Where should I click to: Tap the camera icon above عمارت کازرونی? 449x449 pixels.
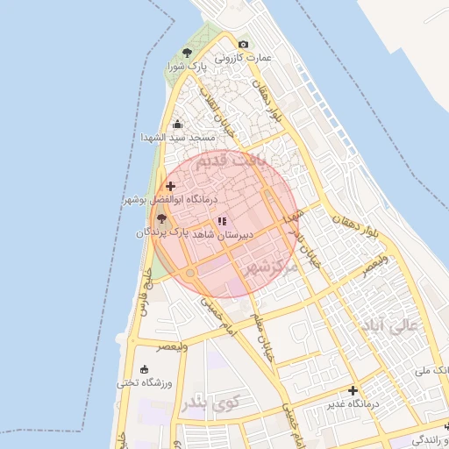click(243, 44)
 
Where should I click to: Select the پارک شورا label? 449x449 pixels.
click(189, 67)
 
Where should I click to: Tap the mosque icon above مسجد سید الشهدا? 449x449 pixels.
click(178, 125)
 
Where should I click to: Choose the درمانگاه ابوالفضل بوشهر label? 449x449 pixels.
click(162, 200)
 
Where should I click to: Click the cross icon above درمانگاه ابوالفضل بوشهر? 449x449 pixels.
click(170, 186)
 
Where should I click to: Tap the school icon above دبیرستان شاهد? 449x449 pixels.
click(222, 221)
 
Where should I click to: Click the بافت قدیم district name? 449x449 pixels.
click(230, 162)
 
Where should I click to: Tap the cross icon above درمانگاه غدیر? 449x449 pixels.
click(353, 389)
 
